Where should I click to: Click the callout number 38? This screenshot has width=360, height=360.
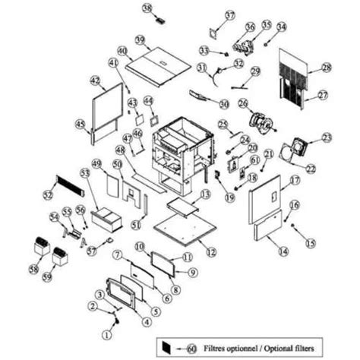pyautogui.click(x=147, y=8)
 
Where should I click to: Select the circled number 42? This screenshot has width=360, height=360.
pyautogui.click(x=95, y=80)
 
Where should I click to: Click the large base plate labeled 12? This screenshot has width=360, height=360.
pyautogui.click(x=183, y=227)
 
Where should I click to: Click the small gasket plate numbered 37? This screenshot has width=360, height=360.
pyautogui.click(x=211, y=31)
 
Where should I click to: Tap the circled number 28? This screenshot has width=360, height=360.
pyautogui.click(x=327, y=68)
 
